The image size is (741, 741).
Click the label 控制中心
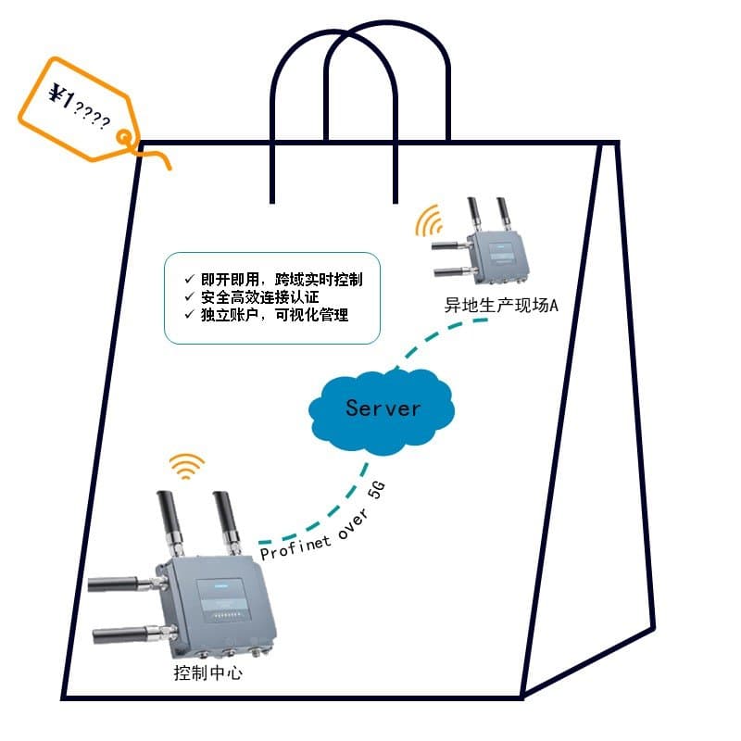(208, 673)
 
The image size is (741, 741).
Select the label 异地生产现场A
(501, 306)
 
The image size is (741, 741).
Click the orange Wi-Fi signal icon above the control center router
(187, 466)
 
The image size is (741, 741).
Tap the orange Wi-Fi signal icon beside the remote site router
(430, 223)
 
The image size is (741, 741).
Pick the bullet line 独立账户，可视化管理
(269, 315)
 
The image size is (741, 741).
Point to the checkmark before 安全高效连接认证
(188, 297)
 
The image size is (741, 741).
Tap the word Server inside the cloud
(383, 408)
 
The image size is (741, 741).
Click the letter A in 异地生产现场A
(554, 306)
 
